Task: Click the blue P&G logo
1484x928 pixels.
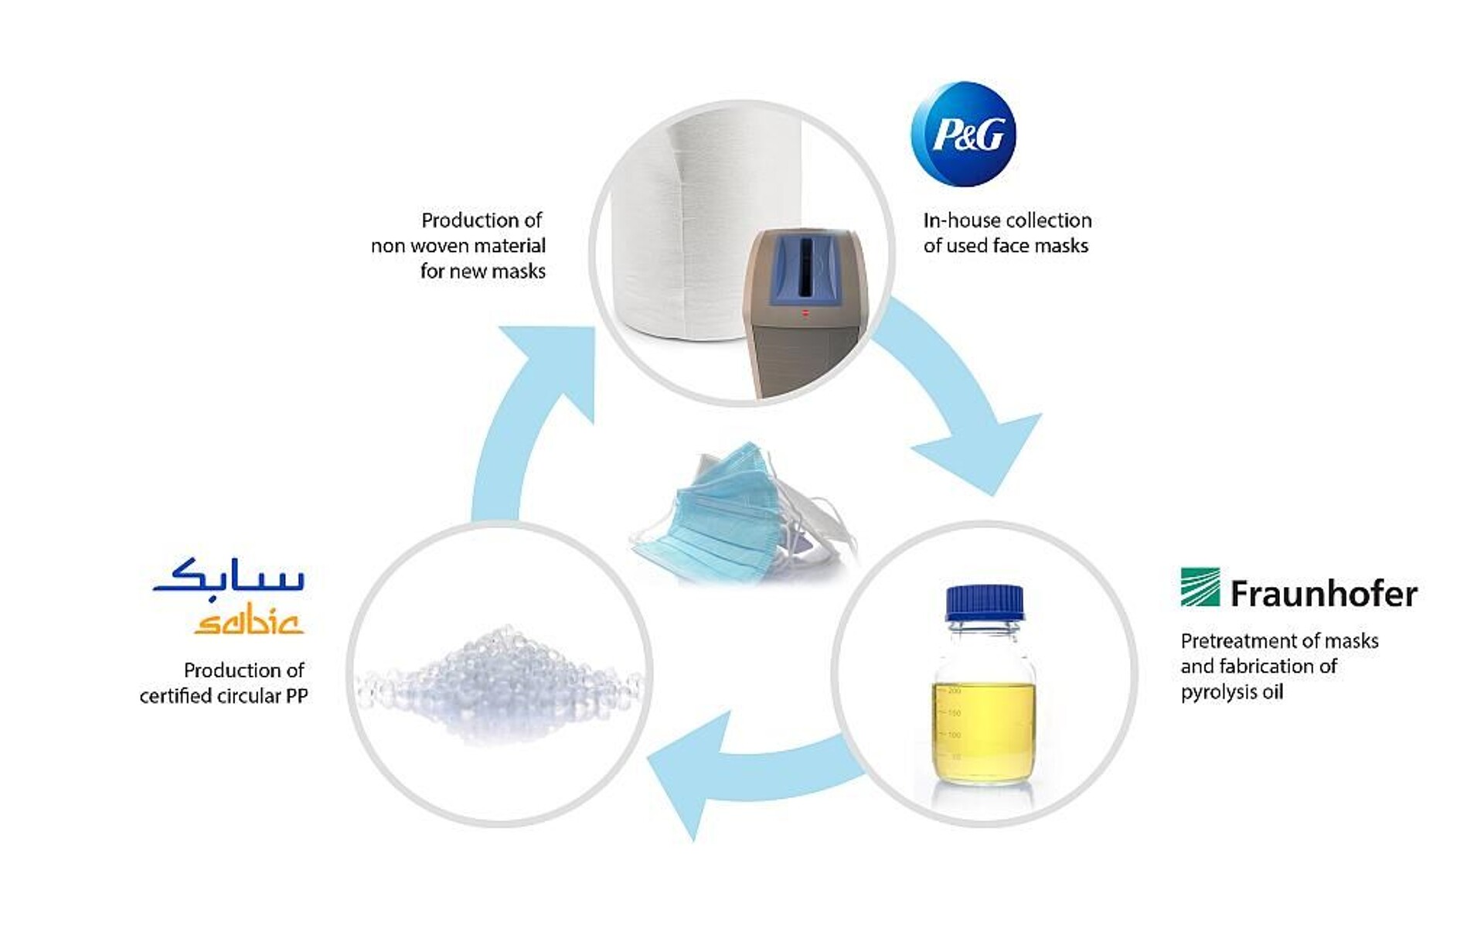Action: click(964, 134)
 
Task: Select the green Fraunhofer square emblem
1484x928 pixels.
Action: click(1200, 588)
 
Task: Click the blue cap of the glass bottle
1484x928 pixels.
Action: click(984, 602)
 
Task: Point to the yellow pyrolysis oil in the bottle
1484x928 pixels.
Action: click(983, 731)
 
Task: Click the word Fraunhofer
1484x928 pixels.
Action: click(1323, 594)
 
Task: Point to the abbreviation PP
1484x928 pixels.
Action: click(296, 696)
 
